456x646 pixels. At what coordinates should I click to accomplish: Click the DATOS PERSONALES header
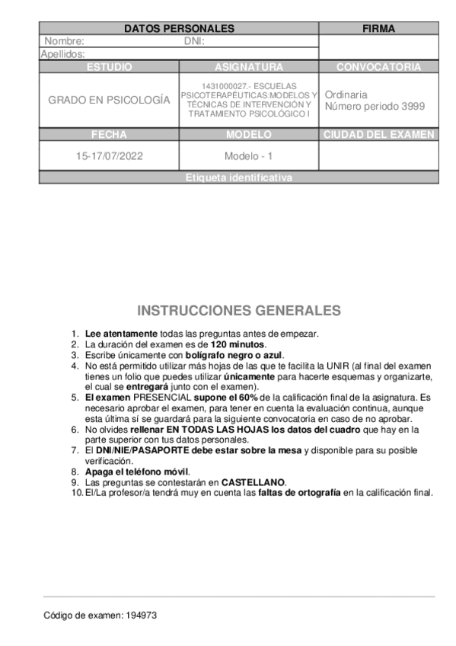click(x=179, y=28)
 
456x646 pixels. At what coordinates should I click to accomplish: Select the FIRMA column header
click(x=378, y=28)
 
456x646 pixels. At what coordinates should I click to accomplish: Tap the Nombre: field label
click(x=64, y=41)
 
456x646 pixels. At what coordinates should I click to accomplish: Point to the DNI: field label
click(x=195, y=41)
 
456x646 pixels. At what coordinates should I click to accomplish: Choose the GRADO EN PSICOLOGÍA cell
click(x=109, y=100)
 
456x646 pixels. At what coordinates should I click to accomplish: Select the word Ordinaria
click(x=346, y=94)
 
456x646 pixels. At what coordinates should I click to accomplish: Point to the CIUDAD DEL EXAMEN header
click(x=378, y=135)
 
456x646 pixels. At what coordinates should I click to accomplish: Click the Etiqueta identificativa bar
click(x=238, y=177)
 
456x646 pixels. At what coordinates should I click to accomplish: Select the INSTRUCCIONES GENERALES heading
click(x=239, y=311)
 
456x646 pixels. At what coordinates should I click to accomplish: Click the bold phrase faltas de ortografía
click(x=299, y=492)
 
